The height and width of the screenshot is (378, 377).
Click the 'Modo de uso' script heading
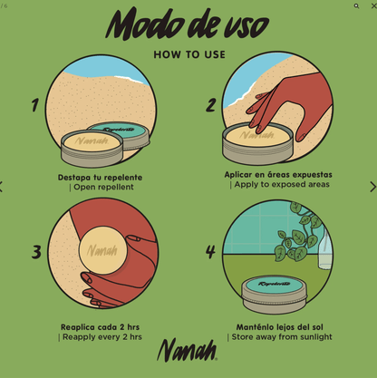[x=188, y=24]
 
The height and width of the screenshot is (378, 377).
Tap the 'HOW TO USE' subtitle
[x=188, y=54]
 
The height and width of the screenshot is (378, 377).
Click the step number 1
[x=35, y=105]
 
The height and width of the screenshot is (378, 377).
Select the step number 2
[x=210, y=105]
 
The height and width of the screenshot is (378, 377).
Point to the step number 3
[x=36, y=251]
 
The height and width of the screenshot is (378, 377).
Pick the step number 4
[x=210, y=251]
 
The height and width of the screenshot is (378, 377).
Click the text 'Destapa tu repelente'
[x=100, y=178]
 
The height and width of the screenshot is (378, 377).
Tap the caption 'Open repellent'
[x=102, y=188]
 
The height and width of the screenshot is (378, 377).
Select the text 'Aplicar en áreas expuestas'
[x=278, y=174]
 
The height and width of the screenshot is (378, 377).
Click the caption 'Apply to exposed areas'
[x=280, y=185]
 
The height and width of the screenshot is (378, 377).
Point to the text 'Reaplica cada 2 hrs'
[x=100, y=326]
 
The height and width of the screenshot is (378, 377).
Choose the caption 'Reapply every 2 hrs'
[x=101, y=337]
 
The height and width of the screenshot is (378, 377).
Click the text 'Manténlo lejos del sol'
[x=279, y=326]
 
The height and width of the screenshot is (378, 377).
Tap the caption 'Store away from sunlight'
[x=280, y=337]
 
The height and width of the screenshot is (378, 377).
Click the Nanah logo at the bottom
[x=187, y=351]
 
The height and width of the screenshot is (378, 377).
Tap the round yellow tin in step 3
[x=101, y=250]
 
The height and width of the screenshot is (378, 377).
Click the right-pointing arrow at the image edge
[x=372, y=187]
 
